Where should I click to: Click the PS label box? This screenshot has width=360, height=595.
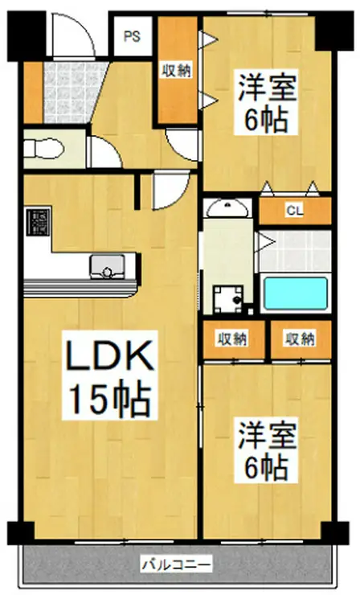click(x=131, y=36)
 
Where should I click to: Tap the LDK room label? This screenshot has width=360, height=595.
click(x=103, y=356)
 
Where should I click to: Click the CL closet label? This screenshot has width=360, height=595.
click(x=295, y=211)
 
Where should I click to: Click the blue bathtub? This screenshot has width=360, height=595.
click(x=296, y=294)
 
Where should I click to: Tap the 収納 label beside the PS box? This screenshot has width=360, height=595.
click(x=177, y=71)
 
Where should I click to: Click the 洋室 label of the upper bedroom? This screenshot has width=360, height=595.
click(x=265, y=86)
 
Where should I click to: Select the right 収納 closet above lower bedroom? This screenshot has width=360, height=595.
click(x=299, y=339)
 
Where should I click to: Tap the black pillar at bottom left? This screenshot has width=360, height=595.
click(x=21, y=531)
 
